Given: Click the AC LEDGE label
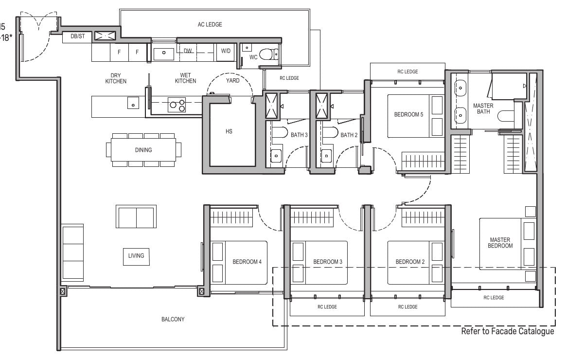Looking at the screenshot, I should click(210, 24).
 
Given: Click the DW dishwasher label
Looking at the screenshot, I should click(188, 51).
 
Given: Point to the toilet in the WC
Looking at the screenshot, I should click(268, 54).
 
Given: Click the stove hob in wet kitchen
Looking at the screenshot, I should click(177, 104).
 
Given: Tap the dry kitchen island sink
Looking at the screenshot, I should click(133, 103).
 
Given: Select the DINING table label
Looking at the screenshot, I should click(143, 150).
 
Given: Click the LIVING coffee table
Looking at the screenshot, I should click(136, 256).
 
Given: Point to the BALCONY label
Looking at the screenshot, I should click(173, 320).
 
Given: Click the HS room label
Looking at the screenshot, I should click(229, 131).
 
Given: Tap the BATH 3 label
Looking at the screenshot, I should click(300, 135).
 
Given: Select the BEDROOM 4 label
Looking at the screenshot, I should click(247, 262).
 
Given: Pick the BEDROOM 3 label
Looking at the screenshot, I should click(327, 262).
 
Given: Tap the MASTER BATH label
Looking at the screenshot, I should click(483, 109).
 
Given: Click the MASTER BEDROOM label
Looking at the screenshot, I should click(500, 243).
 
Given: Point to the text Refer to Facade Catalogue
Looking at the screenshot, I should click(507, 332).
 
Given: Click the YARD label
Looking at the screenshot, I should click(233, 81).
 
